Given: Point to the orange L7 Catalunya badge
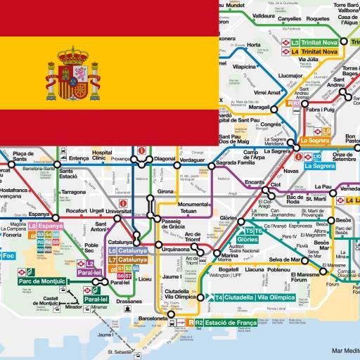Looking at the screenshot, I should [x=128, y=259].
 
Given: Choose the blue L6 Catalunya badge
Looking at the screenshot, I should [x=128, y=251].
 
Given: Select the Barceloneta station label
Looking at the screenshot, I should [x=171, y=317].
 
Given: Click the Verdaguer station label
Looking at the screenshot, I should [x=193, y=160].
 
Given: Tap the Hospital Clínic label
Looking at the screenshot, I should [x=103, y=155].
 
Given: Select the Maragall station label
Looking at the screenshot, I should [x=259, y=108].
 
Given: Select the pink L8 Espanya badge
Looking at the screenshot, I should [x=46, y=226].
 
